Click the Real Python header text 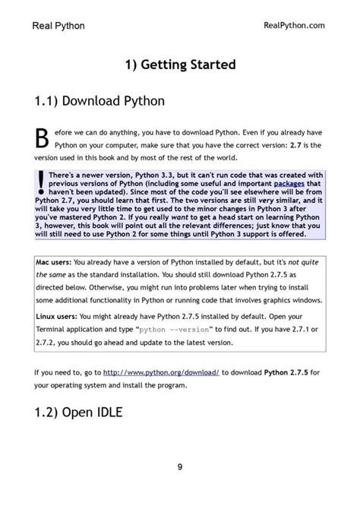[x=59, y=26]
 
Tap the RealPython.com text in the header [x=293, y=25]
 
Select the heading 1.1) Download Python [x=99, y=100]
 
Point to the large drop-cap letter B [x=43, y=138]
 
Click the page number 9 [x=180, y=466]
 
